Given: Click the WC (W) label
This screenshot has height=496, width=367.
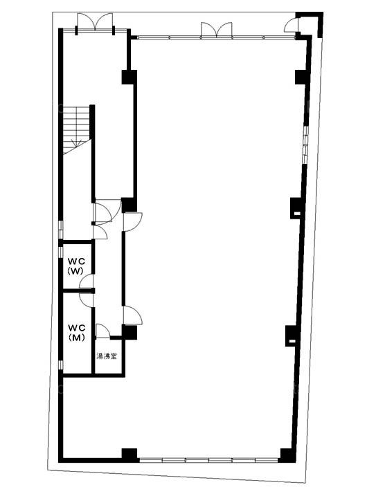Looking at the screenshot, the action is coord(76,266).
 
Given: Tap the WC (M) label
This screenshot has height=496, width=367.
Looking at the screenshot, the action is coord(77,333).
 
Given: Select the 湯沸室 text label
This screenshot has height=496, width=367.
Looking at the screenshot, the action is coord(107,356).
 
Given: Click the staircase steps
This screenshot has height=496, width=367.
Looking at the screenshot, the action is coord(76,130).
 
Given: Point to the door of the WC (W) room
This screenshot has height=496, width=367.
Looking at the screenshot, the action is coord(86,282).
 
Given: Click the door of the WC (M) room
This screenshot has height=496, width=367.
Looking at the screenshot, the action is coord(86,300).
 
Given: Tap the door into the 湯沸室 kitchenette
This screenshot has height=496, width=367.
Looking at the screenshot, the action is coord(102,331).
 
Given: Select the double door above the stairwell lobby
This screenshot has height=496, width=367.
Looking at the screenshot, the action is coord(95,22).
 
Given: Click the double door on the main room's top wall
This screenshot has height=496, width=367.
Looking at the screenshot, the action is coord(217,30).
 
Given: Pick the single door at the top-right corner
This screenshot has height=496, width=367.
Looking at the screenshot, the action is coord(292,25).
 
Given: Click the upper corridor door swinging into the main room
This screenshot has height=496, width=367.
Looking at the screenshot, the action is coord(133,222).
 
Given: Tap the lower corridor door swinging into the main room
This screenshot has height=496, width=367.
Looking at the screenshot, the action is coord(133,315).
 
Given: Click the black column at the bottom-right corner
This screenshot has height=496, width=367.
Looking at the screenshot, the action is coord(287,455).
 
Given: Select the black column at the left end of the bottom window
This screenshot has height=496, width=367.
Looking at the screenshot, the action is coord(129,455).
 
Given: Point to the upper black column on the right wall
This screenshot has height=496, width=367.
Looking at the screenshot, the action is coord(301,77).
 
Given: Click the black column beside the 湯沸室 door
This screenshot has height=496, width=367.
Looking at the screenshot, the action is coord(129,332).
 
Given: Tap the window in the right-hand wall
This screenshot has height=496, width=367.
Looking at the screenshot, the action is coord(305,145).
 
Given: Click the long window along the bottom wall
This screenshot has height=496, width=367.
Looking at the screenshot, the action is coord(208,460).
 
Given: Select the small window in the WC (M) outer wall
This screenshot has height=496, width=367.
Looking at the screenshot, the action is coord(61,365).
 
